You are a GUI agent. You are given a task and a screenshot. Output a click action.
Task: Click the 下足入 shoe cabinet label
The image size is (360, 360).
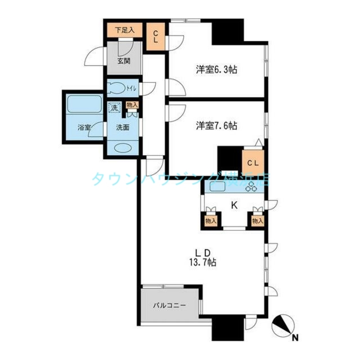(x=125, y=30)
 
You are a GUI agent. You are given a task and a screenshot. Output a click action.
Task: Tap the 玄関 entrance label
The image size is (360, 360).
(x=124, y=61)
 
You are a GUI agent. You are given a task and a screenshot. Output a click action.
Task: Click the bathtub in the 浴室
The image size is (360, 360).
(x=85, y=104)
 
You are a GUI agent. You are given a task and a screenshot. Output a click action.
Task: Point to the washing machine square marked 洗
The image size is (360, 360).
(x=114, y=107)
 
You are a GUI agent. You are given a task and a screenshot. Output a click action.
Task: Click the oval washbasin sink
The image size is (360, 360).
(x=123, y=148)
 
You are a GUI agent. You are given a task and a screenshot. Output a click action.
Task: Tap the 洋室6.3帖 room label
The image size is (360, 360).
(x=216, y=69)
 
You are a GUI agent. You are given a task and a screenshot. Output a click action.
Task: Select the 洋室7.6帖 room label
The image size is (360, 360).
(x=216, y=126)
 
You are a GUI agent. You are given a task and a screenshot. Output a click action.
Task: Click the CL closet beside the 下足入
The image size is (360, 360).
(x=156, y=36)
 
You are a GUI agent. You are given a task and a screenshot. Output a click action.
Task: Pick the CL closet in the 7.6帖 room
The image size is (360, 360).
(x=253, y=163)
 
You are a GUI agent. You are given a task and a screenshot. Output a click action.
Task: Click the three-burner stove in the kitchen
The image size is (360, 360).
(x=251, y=186)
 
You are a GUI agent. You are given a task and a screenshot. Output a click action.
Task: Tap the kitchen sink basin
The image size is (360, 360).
(x=217, y=186)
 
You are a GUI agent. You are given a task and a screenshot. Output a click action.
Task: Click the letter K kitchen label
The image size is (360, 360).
(x=234, y=205)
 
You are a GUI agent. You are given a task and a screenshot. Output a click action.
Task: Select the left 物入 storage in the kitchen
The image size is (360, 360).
(x=211, y=221)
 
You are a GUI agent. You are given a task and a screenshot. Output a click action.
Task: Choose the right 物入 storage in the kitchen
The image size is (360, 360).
(x=258, y=221)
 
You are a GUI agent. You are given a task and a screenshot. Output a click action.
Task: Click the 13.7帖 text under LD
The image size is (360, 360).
(x=202, y=262)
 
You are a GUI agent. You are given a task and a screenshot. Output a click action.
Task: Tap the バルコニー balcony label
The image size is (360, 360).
(x=170, y=306)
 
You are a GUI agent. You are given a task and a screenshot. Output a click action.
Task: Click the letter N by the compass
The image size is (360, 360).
(x=296, y=338)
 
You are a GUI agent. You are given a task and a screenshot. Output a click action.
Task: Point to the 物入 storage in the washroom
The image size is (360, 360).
(x=132, y=105)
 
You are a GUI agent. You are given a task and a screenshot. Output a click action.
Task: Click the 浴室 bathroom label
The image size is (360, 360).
(x=84, y=127)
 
